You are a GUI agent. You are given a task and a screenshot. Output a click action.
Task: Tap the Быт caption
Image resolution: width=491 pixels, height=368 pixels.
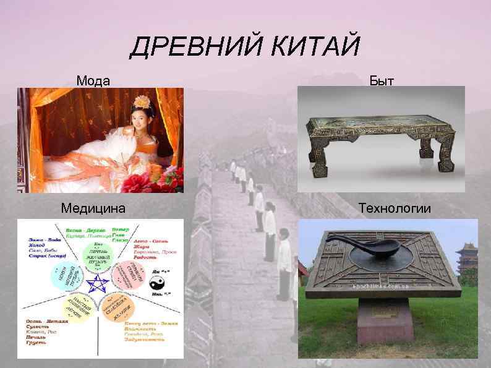382,80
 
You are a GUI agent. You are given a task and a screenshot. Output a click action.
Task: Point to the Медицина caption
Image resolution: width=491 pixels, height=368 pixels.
93,208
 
